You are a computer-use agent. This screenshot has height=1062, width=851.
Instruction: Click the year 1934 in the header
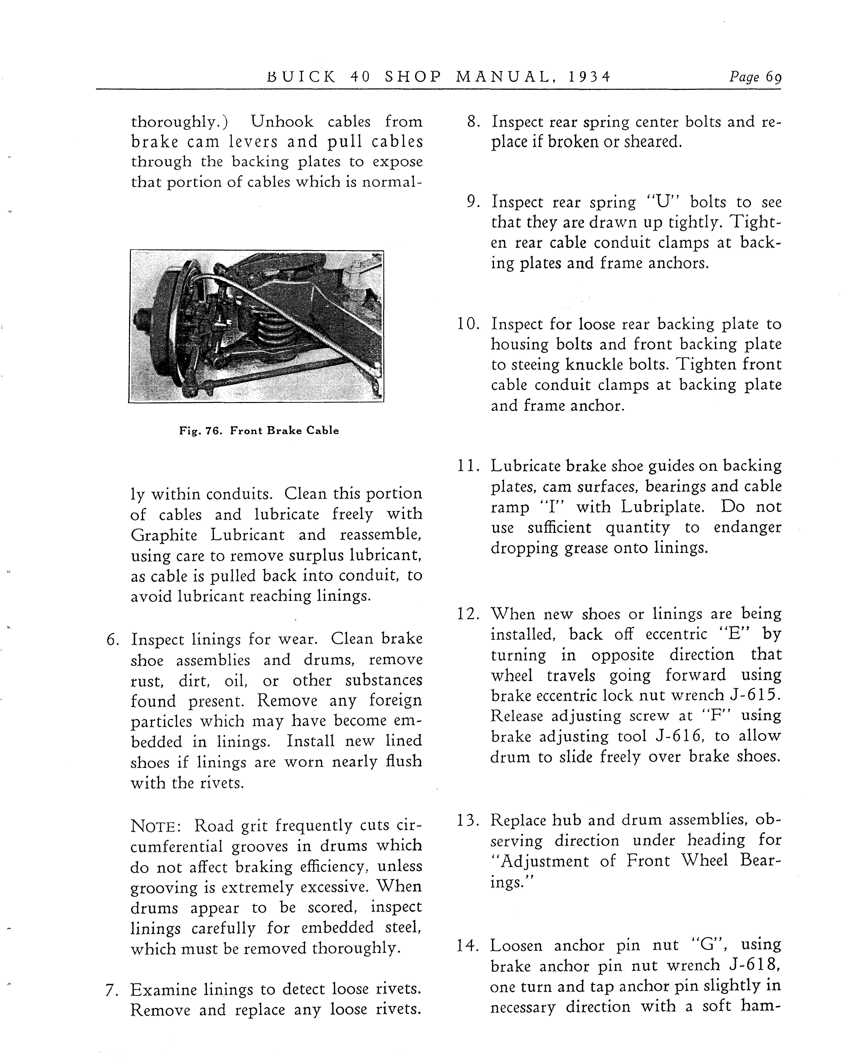pos(589,77)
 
